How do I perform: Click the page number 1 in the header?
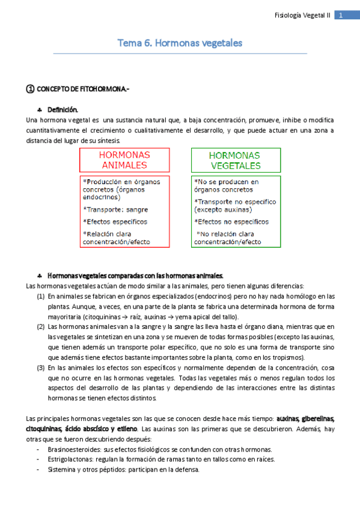coord(341,16)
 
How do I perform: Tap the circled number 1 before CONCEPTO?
coord(30,90)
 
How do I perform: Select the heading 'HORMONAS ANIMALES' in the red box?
coord(125,160)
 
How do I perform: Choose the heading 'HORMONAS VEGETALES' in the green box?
coord(236,160)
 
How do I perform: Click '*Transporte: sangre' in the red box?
coord(115,210)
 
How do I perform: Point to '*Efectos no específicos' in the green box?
coord(231,222)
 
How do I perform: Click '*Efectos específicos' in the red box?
coord(115,222)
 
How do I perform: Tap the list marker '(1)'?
coord(40,296)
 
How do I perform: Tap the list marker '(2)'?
coord(40,327)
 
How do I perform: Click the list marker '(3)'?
coord(40,368)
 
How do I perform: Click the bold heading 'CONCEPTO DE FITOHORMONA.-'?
coord(83,90)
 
